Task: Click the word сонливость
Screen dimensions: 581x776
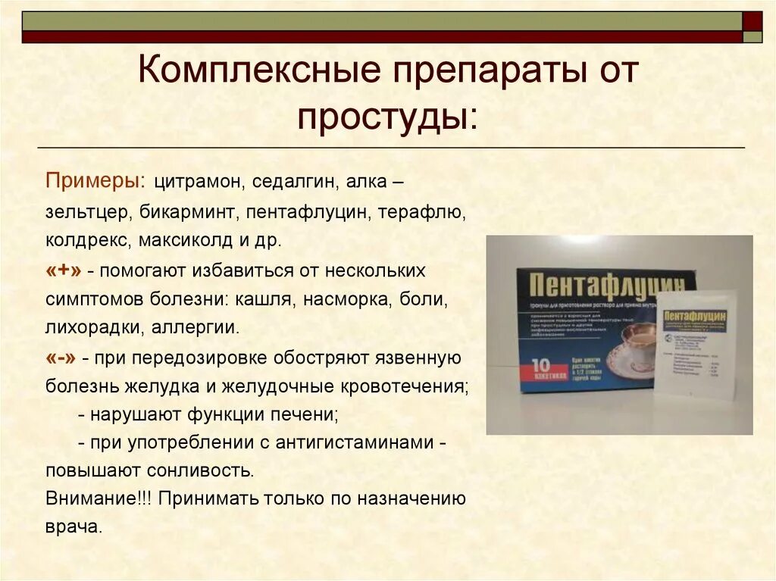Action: point(205,470)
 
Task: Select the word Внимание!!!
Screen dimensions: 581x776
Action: point(99,499)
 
